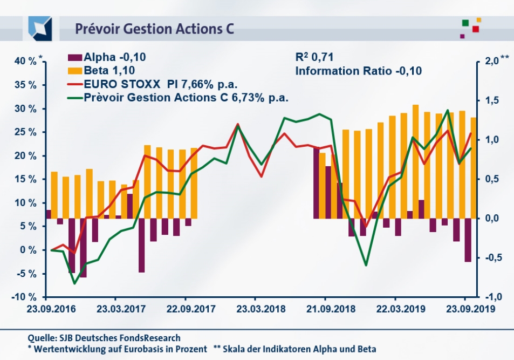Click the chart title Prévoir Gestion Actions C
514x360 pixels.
[154, 29]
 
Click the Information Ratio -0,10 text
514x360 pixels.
[358, 71]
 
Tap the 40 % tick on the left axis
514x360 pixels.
[25, 62]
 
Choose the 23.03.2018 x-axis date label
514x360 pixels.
[255, 310]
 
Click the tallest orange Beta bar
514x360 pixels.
[415, 162]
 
